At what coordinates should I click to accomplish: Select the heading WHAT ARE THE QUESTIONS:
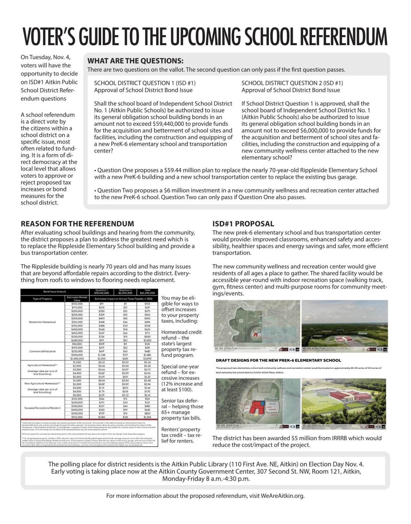pos(135,61)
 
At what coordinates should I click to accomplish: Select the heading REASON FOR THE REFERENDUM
pos(77,224)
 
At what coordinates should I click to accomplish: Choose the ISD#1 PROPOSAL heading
pos(243,224)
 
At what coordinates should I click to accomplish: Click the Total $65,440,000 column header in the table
pos(147,292)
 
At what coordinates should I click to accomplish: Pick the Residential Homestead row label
pos(43,322)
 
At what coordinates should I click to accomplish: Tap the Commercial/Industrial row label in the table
pos(43,351)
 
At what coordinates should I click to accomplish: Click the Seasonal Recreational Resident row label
pos(43,408)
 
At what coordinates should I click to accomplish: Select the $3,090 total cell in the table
pos(147,358)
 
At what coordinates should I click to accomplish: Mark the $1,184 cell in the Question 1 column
pos(102,417)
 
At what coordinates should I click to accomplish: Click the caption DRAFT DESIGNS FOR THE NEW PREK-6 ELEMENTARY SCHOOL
pos(278,360)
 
